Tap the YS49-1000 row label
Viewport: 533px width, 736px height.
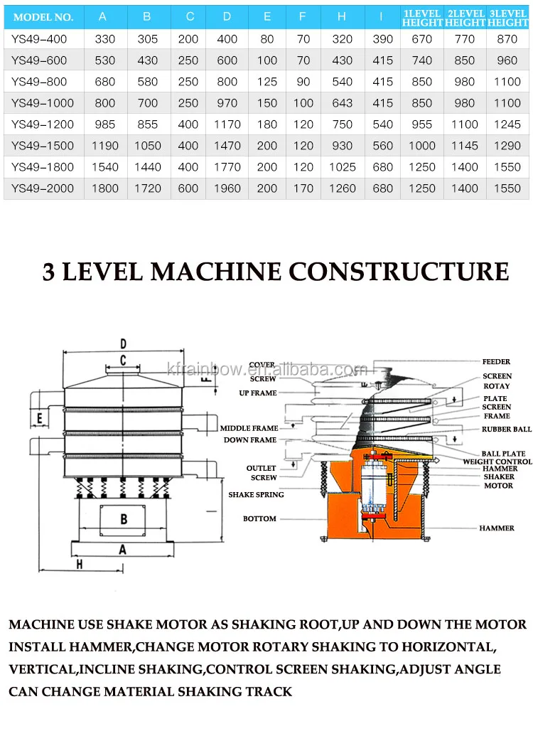43,103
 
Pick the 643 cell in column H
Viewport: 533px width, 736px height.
342,103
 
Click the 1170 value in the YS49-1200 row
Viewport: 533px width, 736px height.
227,124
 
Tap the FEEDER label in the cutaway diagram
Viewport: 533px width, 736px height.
496,362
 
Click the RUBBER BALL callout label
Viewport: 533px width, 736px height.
506,430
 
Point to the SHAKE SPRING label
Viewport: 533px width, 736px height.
256,494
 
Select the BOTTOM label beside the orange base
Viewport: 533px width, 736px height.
259,518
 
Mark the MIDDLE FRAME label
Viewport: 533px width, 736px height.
249,429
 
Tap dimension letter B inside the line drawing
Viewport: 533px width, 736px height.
124,519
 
